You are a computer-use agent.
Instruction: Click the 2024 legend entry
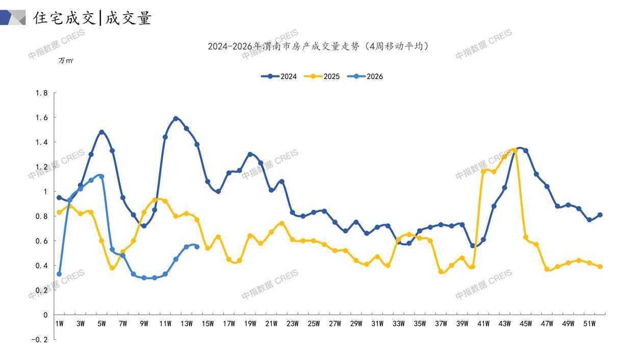coord(279,76)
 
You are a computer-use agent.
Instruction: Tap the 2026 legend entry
coord(365,76)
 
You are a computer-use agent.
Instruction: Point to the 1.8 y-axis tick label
coord(41,93)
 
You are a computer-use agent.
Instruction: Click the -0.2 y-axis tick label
coord(39,340)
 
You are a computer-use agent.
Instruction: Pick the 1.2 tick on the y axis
coord(41,167)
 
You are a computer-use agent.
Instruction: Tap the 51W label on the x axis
coord(589,324)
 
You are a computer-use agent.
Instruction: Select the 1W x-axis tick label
coord(59,324)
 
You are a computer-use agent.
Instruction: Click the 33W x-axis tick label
coord(398,324)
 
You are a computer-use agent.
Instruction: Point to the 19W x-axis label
coord(250,324)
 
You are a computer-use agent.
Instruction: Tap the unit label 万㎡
coord(66,61)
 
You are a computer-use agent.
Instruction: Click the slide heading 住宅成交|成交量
coord(92,18)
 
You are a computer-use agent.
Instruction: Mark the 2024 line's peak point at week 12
coord(176,118)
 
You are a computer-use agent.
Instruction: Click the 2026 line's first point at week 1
coord(59,274)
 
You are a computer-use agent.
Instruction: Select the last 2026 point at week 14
coord(197,247)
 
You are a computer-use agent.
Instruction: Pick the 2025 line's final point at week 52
coord(600,267)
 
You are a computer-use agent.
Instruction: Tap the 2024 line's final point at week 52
coord(600,215)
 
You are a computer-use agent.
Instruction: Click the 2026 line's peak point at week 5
coord(101,176)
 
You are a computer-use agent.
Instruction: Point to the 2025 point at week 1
coord(59,212)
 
